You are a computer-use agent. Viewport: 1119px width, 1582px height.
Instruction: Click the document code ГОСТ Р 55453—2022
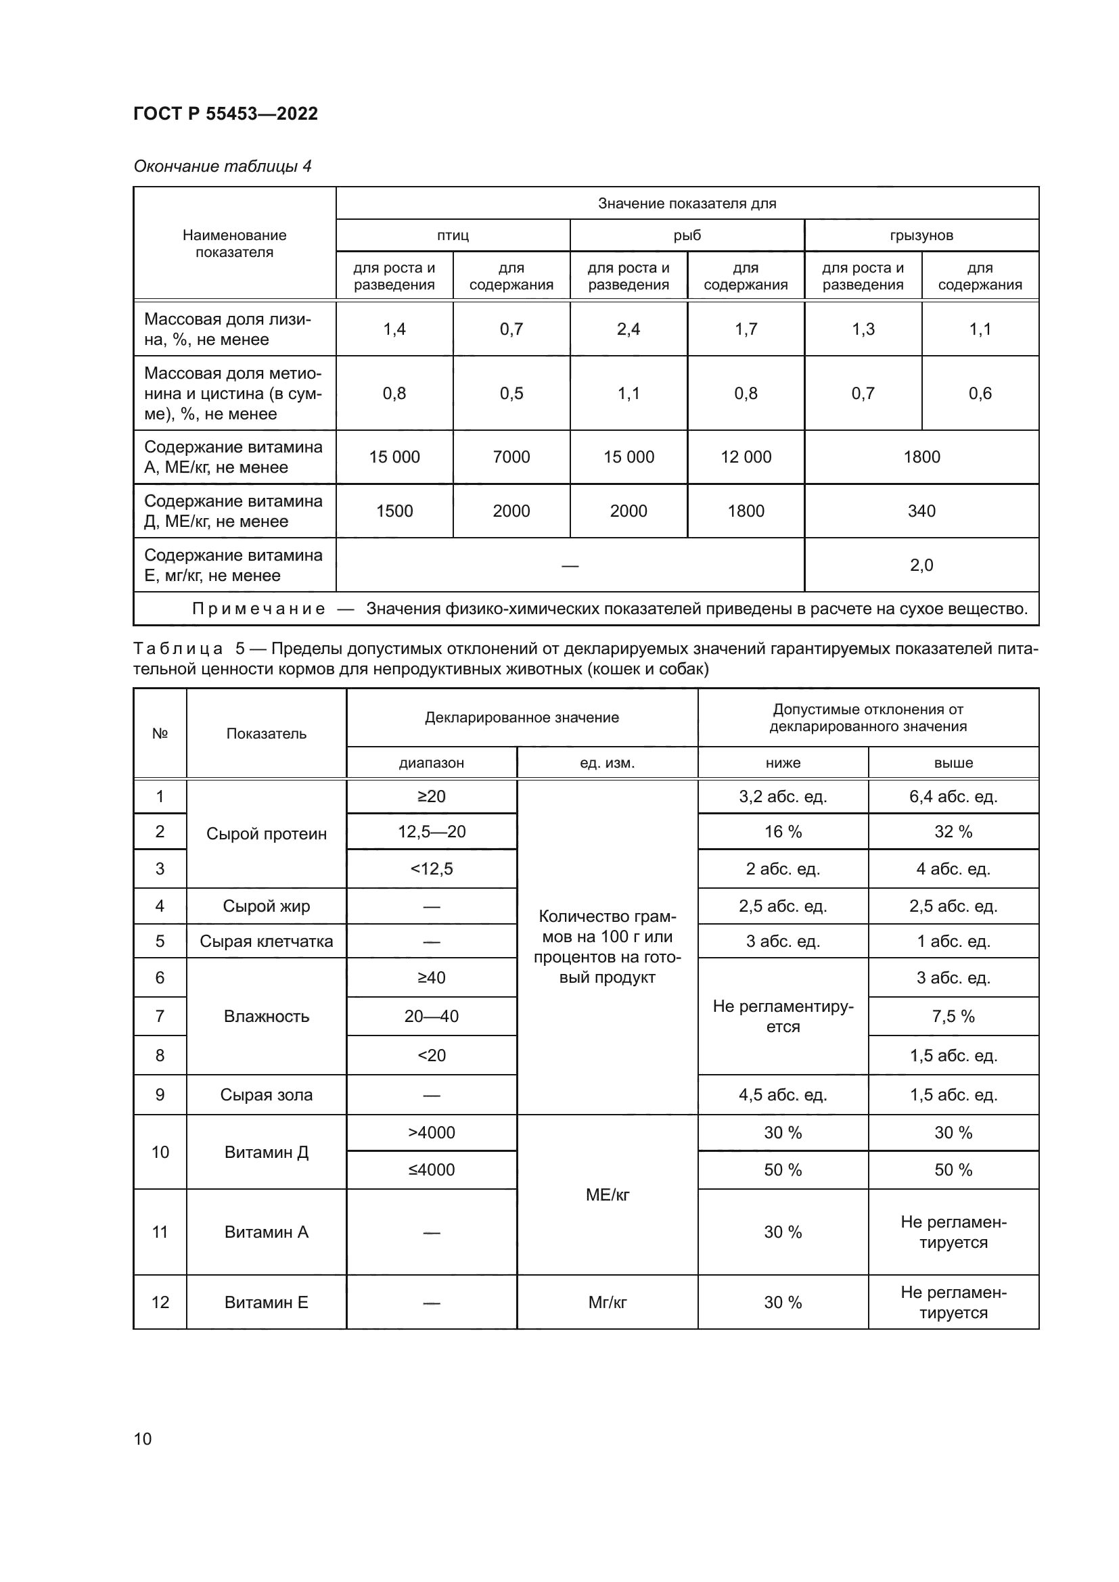[x=225, y=114]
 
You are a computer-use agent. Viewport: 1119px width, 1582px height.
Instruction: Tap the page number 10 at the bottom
[x=143, y=1438]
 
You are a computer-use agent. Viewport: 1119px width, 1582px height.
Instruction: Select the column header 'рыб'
[x=687, y=235]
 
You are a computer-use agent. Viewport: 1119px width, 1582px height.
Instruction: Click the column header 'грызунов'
[x=921, y=235]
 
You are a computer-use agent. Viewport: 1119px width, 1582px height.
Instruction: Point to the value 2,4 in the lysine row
[x=629, y=329]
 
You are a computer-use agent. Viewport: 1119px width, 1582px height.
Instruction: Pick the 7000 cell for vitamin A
[x=511, y=457]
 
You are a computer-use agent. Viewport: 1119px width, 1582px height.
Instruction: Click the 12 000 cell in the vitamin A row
[x=746, y=457]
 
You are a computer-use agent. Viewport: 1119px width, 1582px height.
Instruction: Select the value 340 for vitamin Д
[x=921, y=511]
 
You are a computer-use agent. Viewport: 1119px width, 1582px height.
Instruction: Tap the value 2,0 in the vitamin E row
[x=921, y=565]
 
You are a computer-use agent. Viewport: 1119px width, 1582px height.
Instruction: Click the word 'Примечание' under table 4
[x=258, y=609]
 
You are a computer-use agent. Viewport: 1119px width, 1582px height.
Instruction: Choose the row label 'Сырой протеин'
[x=266, y=834]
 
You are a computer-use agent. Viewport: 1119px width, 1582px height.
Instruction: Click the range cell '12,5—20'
[x=432, y=832]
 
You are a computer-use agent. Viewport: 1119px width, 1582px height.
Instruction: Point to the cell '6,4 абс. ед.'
[x=953, y=797]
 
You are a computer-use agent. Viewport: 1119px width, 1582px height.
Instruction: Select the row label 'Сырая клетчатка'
[x=266, y=941]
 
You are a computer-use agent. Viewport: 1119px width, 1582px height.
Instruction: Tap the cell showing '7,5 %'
[x=953, y=1017]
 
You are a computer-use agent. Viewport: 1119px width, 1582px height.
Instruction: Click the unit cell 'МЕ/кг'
[x=607, y=1194]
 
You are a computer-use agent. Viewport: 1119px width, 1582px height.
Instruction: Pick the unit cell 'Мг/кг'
[x=607, y=1302]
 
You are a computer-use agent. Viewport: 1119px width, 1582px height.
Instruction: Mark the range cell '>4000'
[x=432, y=1133]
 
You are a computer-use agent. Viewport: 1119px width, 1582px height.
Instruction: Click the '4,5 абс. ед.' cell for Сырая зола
[x=783, y=1095]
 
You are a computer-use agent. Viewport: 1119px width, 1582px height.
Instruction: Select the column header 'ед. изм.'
[x=607, y=763]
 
